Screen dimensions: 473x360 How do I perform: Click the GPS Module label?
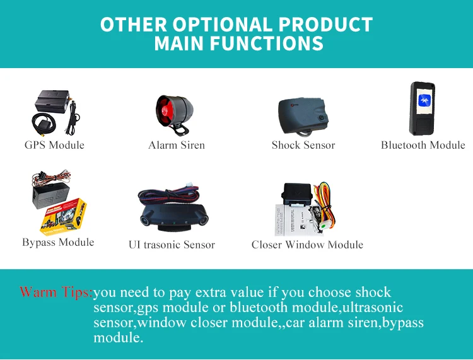click(54, 145)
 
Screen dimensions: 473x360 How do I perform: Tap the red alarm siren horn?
click(165, 111)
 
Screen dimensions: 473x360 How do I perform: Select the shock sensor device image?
click(303, 117)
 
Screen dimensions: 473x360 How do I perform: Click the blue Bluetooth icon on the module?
click(424, 100)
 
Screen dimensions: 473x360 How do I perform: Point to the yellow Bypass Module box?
click(63, 216)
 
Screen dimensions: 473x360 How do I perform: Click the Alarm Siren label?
click(177, 145)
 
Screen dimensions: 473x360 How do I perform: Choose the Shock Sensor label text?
click(303, 145)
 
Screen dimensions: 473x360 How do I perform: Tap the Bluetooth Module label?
click(423, 145)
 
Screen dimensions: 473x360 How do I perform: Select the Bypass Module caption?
click(58, 242)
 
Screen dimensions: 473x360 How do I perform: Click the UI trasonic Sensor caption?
click(172, 245)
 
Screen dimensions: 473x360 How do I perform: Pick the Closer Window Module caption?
click(307, 245)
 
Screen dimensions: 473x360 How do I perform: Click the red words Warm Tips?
click(55, 292)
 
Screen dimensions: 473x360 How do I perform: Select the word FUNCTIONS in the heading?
click(267, 43)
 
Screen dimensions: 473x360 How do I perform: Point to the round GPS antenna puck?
click(44, 123)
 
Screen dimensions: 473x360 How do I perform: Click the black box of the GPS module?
click(52, 101)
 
